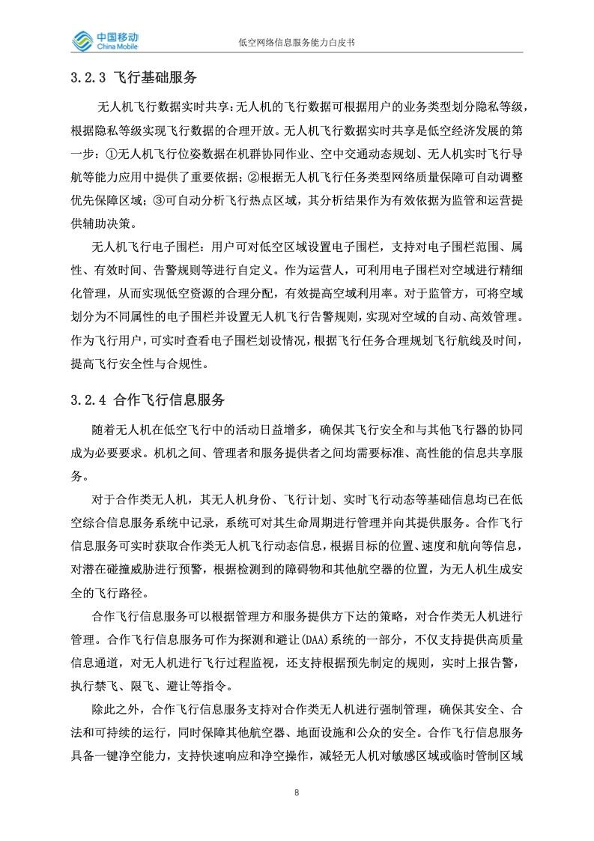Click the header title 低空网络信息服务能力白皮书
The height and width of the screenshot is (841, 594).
point(296,43)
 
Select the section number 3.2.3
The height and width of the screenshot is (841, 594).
point(87,76)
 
